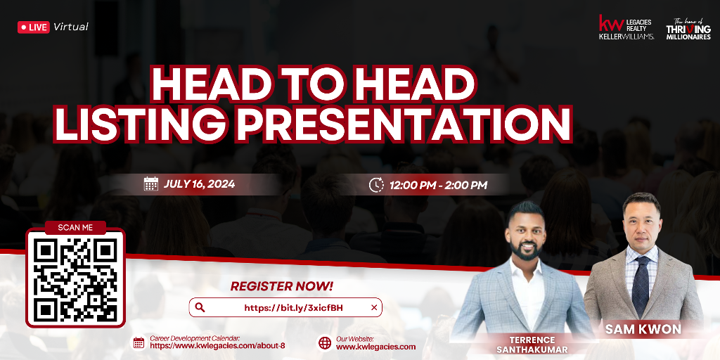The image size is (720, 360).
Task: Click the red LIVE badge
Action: point(34,27)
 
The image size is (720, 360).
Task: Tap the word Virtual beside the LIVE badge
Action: point(71,27)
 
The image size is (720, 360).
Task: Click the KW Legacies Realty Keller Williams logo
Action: point(626,27)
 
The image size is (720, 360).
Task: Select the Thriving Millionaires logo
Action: point(688,29)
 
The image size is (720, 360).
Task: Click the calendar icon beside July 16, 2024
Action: point(150,184)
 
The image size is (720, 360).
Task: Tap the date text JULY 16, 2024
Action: point(199,184)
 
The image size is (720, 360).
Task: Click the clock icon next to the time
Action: point(376,185)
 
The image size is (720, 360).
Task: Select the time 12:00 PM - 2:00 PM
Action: point(438,186)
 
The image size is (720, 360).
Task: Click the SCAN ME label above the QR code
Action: point(75,227)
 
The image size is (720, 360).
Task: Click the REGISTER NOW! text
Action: point(281,287)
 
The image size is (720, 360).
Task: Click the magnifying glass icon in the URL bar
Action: point(200,307)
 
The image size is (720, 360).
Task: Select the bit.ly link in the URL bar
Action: point(293,308)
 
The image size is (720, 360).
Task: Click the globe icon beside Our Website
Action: point(325,343)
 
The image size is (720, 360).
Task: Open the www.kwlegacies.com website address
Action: point(375,347)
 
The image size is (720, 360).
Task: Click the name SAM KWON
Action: point(643,329)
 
